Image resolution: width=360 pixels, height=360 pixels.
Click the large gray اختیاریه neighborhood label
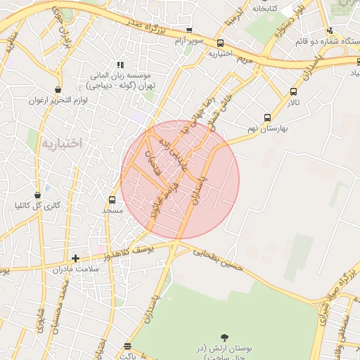(62, 143)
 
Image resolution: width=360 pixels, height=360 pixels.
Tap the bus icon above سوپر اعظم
(188, 30)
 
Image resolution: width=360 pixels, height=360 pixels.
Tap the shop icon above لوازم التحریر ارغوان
(58, 90)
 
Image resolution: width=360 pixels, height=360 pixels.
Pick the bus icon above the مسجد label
(112, 200)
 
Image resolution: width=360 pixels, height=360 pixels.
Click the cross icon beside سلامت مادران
(75, 259)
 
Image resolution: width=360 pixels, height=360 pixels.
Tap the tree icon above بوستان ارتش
(224, 338)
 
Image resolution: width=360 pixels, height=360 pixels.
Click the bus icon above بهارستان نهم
(266, 117)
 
